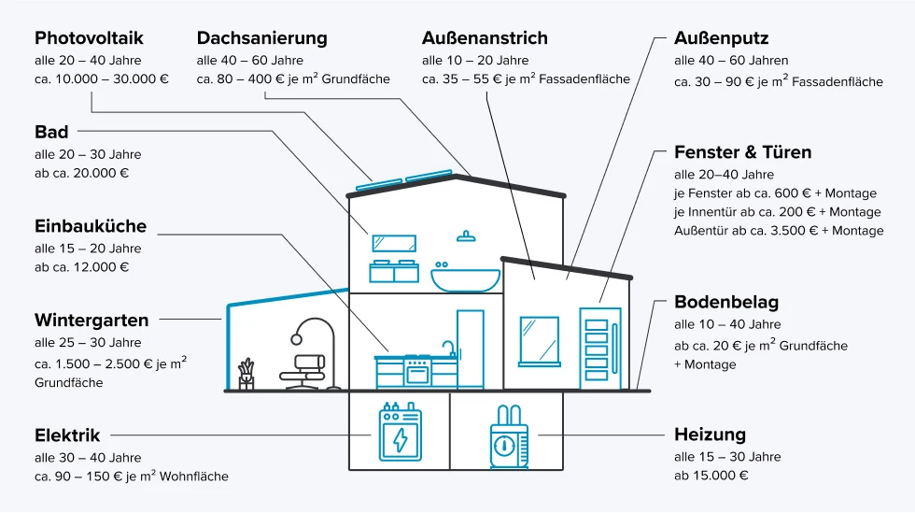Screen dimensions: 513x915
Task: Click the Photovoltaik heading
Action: click(x=89, y=38)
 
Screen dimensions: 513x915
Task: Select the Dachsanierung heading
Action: click(x=261, y=38)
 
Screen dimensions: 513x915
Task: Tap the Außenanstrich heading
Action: click(x=485, y=38)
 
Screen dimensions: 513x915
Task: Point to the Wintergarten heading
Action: click(x=91, y=321)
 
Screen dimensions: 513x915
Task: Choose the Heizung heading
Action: click(x=710, y=435)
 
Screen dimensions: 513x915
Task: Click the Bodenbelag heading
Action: click(x=726, y=303)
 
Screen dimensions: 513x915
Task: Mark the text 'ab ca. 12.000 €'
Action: click(x=81, y=267)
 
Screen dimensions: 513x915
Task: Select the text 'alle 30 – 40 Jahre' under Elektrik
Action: click(x=88, y=458)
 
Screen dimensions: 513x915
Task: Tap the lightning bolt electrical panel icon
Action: click(x=400, y=437)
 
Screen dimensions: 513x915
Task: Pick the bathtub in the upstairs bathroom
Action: click(x=465, y=277)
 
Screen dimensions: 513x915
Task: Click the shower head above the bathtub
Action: click(x=466, y=235)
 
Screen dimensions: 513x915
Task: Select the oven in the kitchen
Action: click(x=417, y=372)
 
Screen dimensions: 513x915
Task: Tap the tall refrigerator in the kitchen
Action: click(x=471, y=349)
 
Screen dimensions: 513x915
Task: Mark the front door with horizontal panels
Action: click(x=598, y=346)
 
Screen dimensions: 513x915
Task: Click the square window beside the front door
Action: click(x=539, y=341)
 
